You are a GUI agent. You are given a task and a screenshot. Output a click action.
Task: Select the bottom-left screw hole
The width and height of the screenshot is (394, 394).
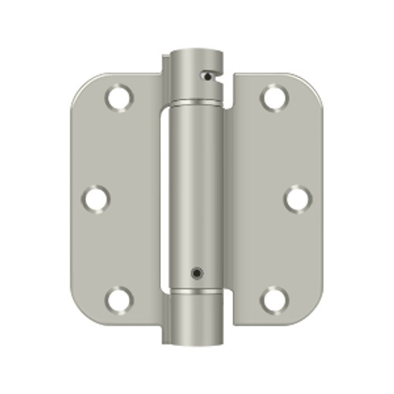(120, 299)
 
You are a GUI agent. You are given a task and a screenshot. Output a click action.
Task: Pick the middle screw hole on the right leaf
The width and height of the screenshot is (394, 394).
(296, 197)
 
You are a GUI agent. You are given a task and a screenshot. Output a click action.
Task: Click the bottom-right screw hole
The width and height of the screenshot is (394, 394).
(274, 299)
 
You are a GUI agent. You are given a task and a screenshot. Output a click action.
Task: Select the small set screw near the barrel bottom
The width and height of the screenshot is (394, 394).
(194, 274)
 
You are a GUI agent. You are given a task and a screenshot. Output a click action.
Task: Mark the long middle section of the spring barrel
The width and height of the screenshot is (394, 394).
(195, 189)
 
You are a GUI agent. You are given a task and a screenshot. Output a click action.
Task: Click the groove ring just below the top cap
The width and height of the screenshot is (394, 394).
(194, 104)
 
